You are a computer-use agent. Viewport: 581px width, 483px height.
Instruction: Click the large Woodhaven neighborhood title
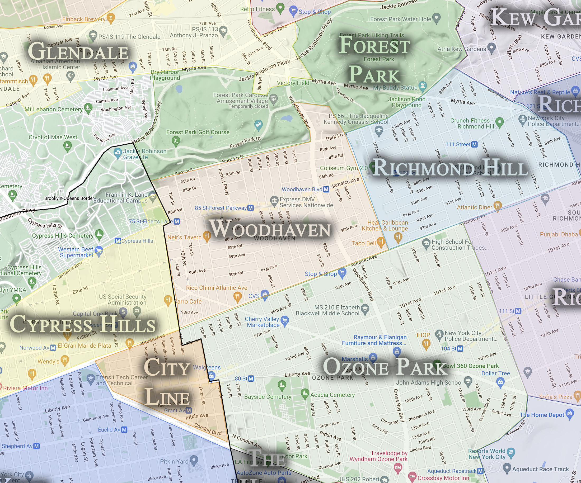point(270,229)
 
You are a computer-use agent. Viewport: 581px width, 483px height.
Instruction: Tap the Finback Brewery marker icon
point(111,18)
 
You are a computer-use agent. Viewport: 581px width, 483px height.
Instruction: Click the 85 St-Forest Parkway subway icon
point(250,208)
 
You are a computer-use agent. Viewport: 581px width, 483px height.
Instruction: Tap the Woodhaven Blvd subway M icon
point(326,190)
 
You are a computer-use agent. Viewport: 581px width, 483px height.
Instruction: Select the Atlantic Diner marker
point(498,206)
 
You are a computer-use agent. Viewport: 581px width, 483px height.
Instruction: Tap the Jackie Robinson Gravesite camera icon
point(118,152)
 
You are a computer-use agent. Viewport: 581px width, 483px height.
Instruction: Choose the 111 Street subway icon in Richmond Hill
point(475,144)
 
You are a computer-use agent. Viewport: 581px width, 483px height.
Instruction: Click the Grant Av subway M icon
point(189,410)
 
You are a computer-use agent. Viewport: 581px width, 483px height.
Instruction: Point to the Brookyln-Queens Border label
point(69,198)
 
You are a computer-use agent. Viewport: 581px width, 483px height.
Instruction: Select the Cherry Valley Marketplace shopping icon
point(285,320)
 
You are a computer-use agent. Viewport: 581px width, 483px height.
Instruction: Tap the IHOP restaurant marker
point(426,344)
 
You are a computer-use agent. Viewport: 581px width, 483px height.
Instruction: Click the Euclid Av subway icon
point(124,430)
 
